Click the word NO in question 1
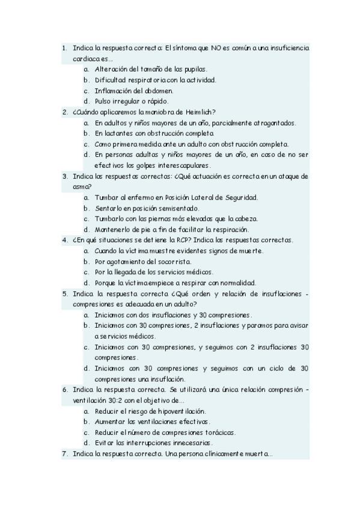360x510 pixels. tap(215, 48)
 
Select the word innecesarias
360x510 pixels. tap(198, 443)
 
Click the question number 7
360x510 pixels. tap(64, 453)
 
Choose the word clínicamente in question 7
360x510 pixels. tap(216, 453)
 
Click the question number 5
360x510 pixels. tap(64, 293)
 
